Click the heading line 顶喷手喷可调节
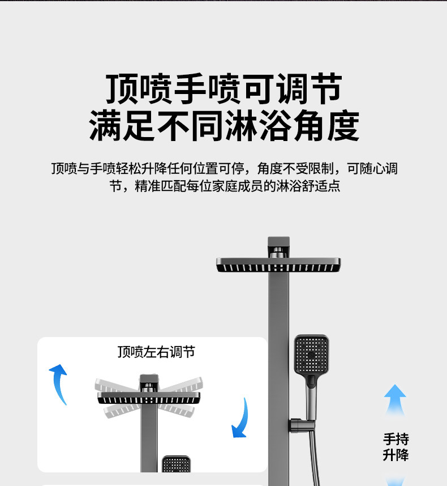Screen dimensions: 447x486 (x=224, y=89)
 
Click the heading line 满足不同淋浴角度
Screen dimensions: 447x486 (x=224, y=126)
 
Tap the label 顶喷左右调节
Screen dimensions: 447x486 (x=156, y=352)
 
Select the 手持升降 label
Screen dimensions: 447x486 (x=396, y=447)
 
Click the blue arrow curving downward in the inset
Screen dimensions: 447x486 (x=242, y=419)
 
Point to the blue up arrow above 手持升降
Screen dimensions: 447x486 (x=395, y=400)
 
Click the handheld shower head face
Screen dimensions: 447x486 (x=311, y=354)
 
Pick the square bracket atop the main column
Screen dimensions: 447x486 (x=278, y=246)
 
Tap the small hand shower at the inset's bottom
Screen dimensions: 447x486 (x=176, y=464)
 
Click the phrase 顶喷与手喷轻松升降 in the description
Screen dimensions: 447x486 (x=108, y=169)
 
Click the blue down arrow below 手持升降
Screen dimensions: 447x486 (x=395, y=480)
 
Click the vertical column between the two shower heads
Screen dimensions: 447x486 (x=278, y=306)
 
